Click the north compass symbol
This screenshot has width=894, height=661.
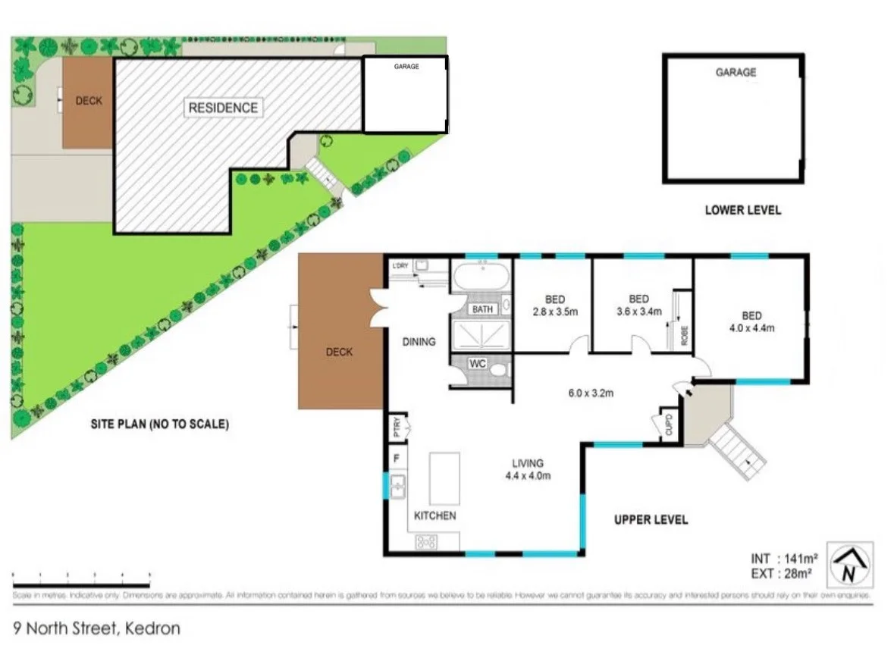pyautogui.click(x=850, y=565)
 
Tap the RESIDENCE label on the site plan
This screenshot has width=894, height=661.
pyautogui.click(x=223, y=108)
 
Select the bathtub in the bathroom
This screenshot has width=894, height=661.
pyautogui.click(x=482, y=277)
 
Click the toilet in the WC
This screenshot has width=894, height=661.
pyautogui.click(x=498, y=369)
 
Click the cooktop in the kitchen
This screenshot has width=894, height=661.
pyautogui.click(x=426, y=541)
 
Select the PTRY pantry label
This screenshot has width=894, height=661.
pyautogui.click(x=396, y=428)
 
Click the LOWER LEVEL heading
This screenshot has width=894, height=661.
pyautogui.click(x=742, y=210)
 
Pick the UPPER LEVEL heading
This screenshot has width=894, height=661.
pyautogui.click(x=651, y=520)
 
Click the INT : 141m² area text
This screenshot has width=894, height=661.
pyautogui.click(x=782, y=560)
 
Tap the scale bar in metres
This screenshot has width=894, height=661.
pyautogui.click(x=81, y=582)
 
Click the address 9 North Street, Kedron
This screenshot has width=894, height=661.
pyautogui.click(x=97, y=628)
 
